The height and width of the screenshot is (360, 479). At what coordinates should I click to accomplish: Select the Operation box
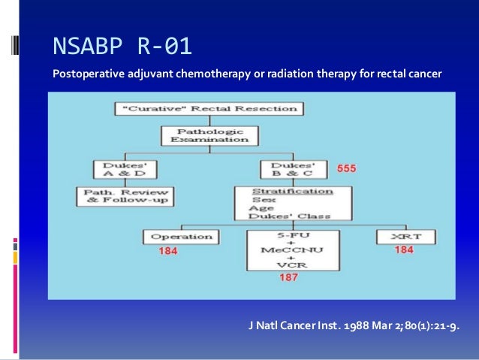[x=178, y=237]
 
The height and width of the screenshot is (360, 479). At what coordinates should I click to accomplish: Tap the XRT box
[x=404, y=237]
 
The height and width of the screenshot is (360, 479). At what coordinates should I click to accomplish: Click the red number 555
[x=345, y=169]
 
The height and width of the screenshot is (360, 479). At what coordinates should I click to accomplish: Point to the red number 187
[x=288, y=277]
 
